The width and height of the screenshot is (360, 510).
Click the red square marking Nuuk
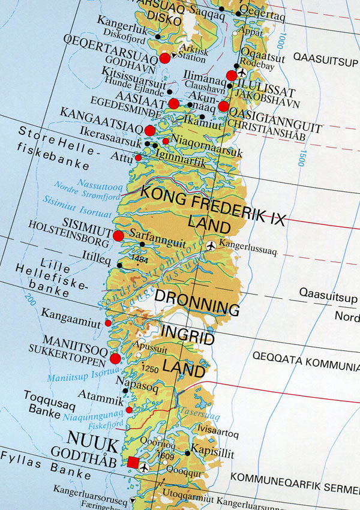tap(133, 462)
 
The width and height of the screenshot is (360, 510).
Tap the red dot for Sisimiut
tap(118, 236)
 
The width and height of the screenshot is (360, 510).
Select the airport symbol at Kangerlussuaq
tap(211, 245)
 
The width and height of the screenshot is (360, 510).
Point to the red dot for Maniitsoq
tap(116, 359)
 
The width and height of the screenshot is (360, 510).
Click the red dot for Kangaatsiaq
tap(150, 130)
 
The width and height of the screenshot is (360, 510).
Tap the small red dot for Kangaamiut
tap(108, 323)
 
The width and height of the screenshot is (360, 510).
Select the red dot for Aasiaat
tap(173, 103)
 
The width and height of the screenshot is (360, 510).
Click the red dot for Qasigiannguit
tap(223, 107)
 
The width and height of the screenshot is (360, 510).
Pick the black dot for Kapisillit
tap(187, 454)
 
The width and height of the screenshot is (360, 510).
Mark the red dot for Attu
tap(138, 158)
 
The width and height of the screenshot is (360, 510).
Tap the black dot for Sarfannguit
tap(142, 244)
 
